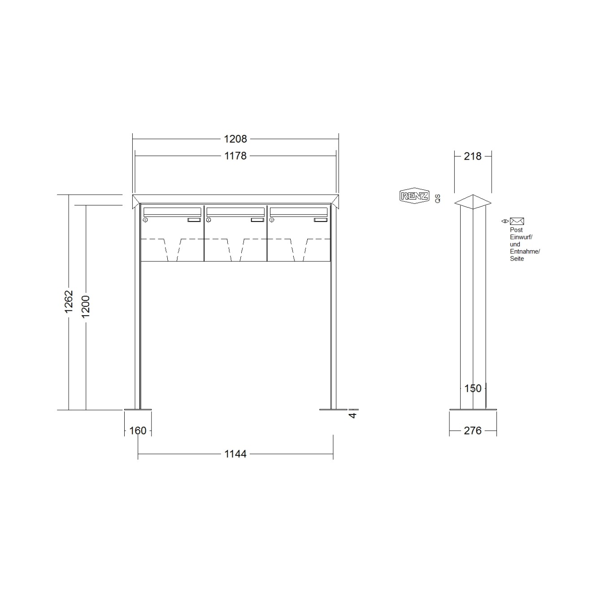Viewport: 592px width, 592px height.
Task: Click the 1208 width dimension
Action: pos(235,139)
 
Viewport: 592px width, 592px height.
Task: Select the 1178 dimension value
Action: pos(235,156)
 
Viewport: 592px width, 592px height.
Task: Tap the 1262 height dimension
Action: pos(69,301)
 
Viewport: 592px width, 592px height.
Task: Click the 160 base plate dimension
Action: pos(138,431)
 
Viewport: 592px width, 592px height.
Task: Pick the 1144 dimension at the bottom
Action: pos(235,454)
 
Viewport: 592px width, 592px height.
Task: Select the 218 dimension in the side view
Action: pos(473,157)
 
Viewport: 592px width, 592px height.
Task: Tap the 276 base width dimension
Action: pos(473,431)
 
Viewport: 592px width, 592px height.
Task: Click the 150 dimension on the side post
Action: pos(473,388)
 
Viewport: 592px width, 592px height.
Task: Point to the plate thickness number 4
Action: pos(353,415)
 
